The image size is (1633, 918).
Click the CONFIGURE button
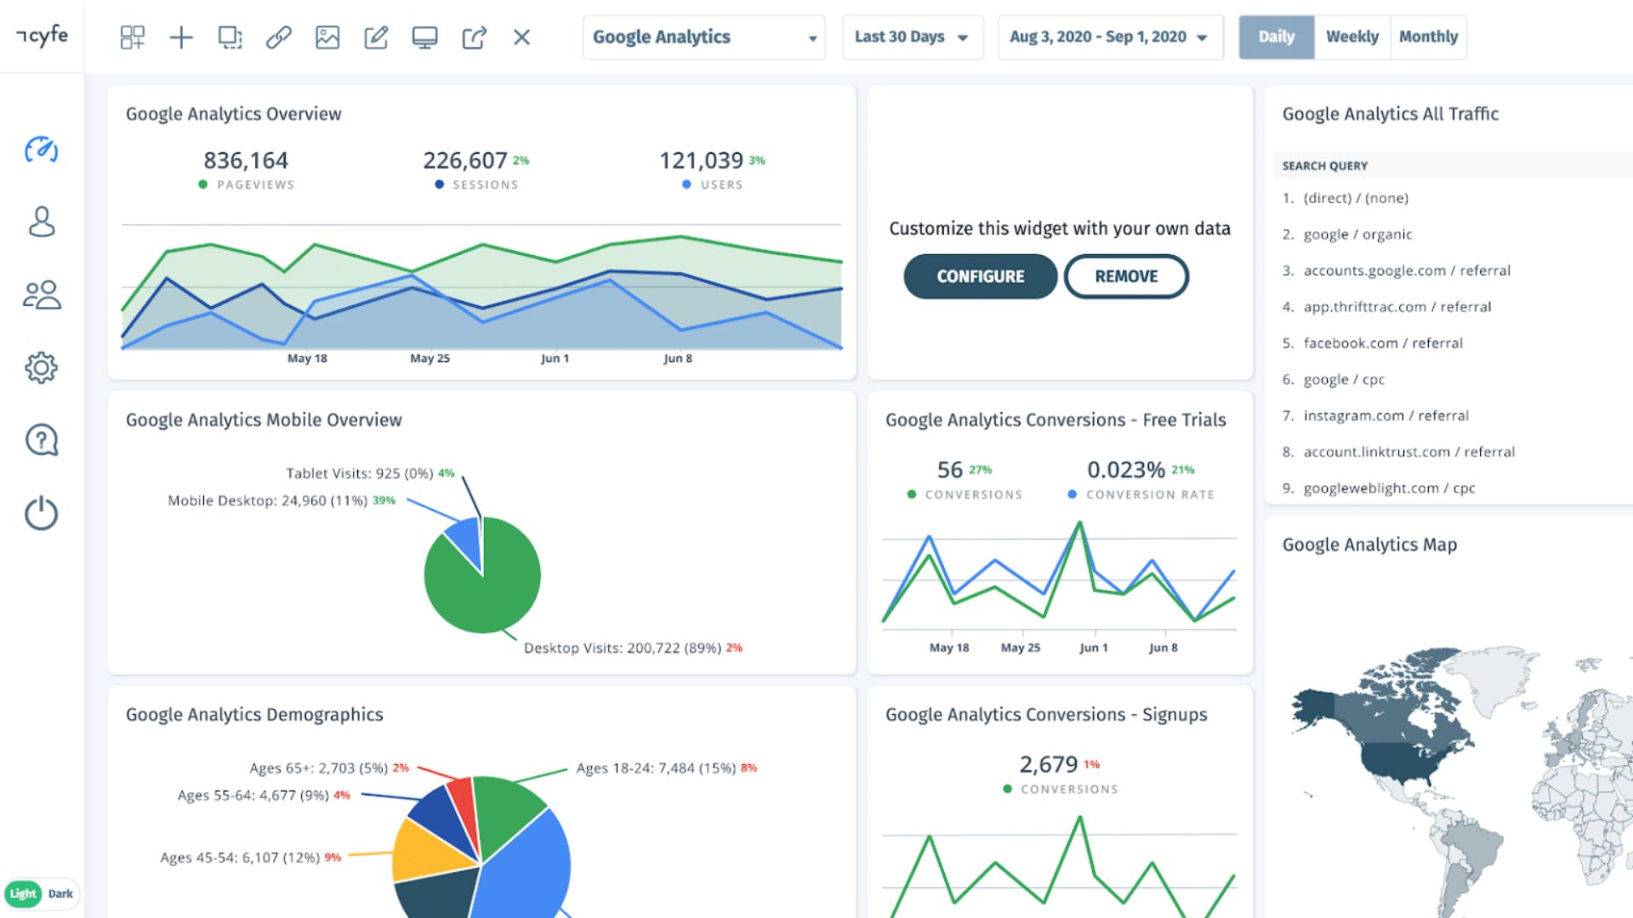coord(980,276)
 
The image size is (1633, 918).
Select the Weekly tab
coord(1351,37)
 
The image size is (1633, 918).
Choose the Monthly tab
coord(1428,37)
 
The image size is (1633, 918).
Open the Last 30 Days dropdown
coord(912,37)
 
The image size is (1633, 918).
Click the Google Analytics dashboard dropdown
coord(703,37)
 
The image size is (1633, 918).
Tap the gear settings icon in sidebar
coord(41,367)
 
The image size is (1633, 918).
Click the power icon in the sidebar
coord(41,513)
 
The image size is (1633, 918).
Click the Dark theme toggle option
coord(60,893)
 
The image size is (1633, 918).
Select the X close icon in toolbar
coord(521,37)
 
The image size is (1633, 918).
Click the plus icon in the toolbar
coord(181,37)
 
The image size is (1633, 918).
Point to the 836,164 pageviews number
coord(246,160)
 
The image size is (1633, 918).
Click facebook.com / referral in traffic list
coord(1383,343)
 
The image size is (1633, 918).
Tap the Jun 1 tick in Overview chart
coord(555,358)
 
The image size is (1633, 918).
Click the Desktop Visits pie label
coord(623,648)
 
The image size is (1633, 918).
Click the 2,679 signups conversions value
coord(1049,764)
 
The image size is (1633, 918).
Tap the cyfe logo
coord(43,36)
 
